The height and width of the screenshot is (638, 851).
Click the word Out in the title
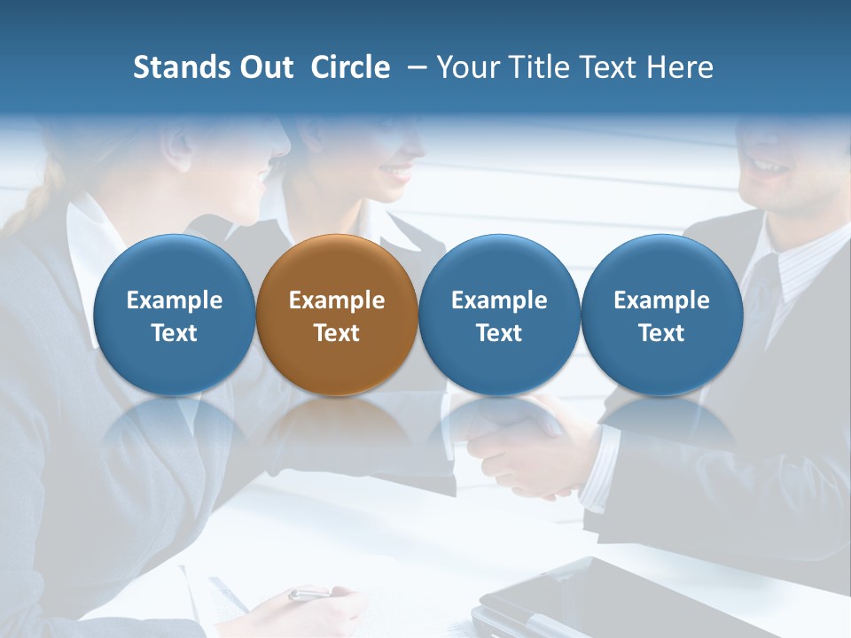pyautogui.click(x=264, y=67)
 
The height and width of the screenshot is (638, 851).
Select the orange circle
pyautogui.click(x=337, y=315)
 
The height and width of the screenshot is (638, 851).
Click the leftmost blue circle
pyautogui.click(x=175, y=315)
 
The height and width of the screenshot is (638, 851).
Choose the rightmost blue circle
pyautogui.click(x=661, y=315)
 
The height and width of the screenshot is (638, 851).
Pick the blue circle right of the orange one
pyautogui.click(x=499, y=315)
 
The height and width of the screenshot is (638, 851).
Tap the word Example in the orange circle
pyautogui.click(x=337, y=300)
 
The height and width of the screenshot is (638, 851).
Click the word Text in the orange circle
pyautogui.click(x=337, y=333)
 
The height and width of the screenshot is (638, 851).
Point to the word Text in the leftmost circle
pyautogui.click(x=175, y=333)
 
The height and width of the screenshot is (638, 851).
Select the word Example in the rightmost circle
pyautogui.click(x=661, y=300)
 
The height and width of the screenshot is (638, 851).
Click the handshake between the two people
pyautogui.click(x=523, y=443)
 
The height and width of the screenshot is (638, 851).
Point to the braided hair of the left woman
pyautogui.click(x=35, y=199)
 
